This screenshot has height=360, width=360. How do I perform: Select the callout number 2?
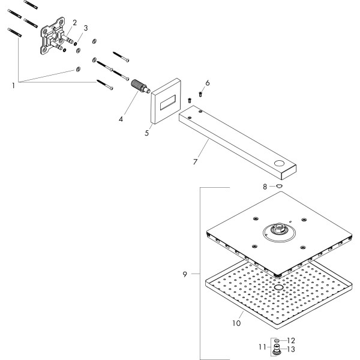(75, 22)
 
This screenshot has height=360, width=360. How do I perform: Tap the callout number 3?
(86, 28)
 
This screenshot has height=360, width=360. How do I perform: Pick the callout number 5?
(146, 133)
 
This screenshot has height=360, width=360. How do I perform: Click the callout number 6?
(208, 83)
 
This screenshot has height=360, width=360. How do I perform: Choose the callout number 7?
(196, 162)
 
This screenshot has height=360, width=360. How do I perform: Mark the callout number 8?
(265, 187)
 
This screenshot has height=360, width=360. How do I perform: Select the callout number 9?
(187, 274)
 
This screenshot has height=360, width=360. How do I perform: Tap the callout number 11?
(262, 346)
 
